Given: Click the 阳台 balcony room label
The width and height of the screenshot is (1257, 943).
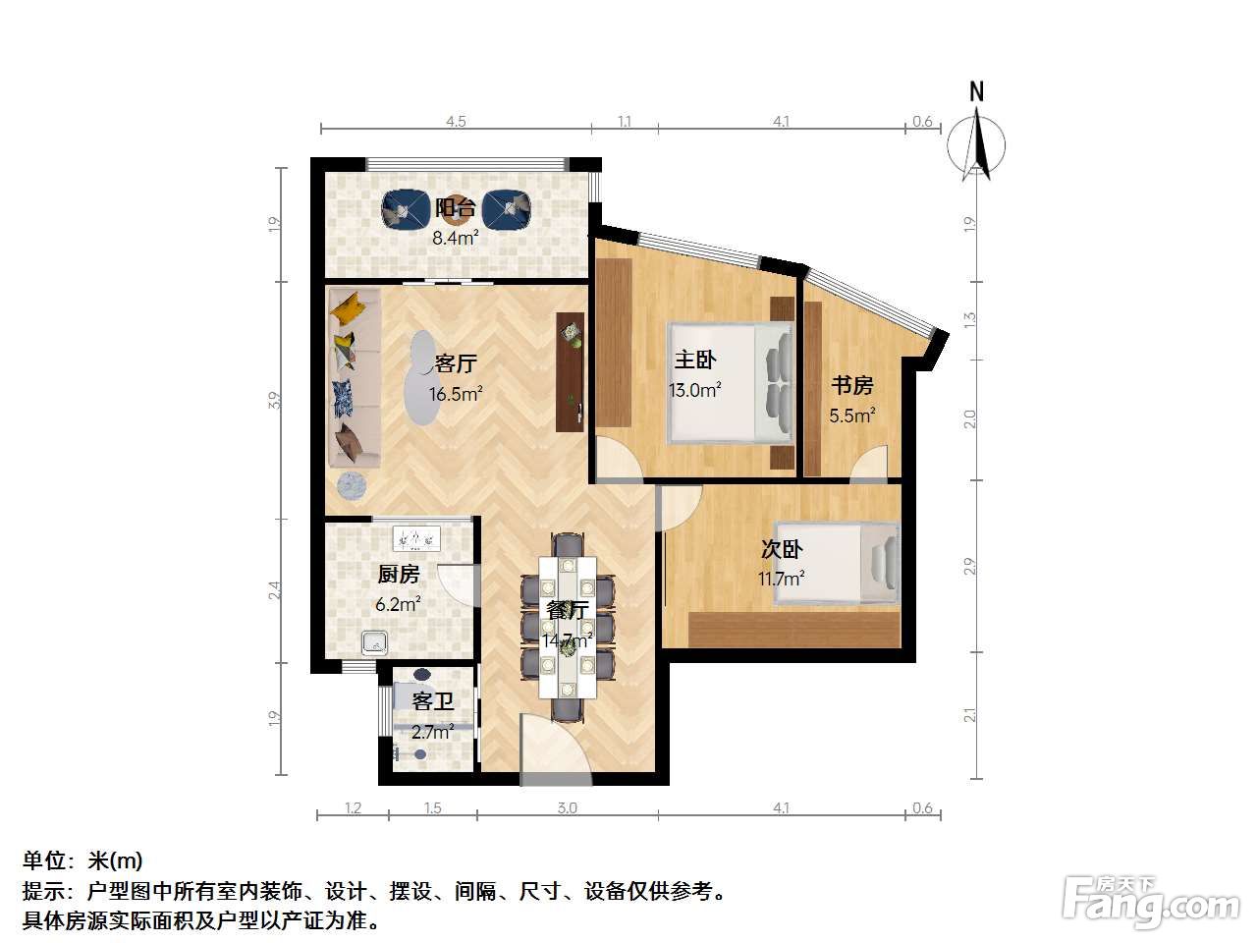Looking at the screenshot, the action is [456, 208].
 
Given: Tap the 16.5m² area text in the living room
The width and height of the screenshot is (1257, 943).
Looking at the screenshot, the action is [456, 394].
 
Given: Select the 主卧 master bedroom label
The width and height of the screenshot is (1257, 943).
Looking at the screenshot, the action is [694, 360].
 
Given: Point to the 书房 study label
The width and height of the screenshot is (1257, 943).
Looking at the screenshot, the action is [852, 385].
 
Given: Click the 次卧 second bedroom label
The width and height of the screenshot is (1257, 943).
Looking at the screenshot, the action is [782, 549].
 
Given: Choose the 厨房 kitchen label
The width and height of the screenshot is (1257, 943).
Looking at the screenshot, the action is [399, 574].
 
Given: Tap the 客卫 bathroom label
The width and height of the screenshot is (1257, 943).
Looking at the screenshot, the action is [433, 700].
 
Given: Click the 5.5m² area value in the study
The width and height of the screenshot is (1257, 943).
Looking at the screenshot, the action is [852, 416].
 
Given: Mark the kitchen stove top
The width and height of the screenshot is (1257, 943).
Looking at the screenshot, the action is [416, 538].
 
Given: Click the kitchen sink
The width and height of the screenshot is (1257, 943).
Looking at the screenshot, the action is [375, 643].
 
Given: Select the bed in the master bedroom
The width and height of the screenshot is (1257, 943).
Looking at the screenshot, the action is [731, 384].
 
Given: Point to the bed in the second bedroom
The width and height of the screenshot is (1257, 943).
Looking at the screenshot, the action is [837, 564].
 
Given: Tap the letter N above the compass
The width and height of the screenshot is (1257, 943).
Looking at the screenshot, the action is [976, 92].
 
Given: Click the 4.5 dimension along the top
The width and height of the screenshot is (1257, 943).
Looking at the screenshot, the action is [456, 122].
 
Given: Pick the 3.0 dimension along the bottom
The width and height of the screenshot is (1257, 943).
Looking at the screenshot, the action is [567, 807].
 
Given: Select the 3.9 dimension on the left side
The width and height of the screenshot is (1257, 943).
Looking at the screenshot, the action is [275, 400].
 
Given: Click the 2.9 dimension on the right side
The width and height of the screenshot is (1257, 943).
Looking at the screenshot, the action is [969, 566].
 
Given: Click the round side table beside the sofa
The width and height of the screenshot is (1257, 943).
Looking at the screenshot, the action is [353, 486].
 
